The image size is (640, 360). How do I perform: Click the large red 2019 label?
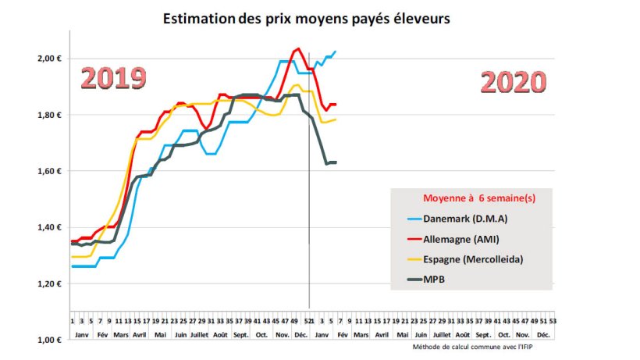click(114, 78)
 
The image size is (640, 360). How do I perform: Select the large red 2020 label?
click(513, 82)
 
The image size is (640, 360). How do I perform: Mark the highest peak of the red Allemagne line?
click(298, 48)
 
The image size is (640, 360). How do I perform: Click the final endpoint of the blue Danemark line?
click(335, 52)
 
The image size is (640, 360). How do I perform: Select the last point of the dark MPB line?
click(335, 162)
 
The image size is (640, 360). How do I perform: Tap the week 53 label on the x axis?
click(553, 321)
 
